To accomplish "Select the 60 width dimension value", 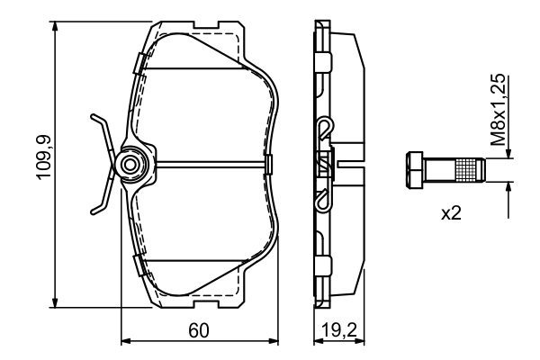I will coord(200,330).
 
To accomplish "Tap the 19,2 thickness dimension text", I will coord(332,330).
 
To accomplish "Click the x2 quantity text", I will coord(451,215).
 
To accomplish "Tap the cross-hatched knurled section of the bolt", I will coord(467,168).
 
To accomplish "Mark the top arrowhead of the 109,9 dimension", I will coord(58,27).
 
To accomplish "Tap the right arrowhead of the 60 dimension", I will coord(274,341).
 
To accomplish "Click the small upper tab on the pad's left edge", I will coord(139,62).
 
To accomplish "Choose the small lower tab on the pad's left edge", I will coord(139,265).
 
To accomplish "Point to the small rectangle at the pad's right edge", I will coord(269,164).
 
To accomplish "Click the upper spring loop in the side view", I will coord(325,129).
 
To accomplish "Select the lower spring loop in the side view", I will coord(325,201).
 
